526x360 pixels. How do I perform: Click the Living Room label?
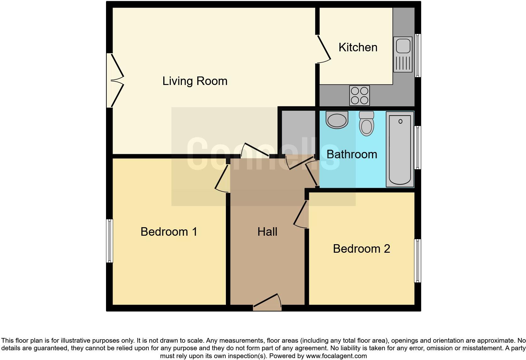[195, 81]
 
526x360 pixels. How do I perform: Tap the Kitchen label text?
[358, 48]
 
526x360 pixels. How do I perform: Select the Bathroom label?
[352, 155]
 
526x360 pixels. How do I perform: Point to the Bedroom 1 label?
[169, 232]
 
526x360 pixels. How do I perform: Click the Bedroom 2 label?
[361, 249]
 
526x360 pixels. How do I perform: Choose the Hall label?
[267, 232]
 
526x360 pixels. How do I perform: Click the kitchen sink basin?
[403, 46]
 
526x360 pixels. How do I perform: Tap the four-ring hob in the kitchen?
[359, 96]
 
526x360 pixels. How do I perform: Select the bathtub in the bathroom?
[400, 149]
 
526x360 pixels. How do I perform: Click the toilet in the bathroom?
[367, 124]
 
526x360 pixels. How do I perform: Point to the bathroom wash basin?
[337, 120]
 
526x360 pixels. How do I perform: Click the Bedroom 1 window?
[109, 241]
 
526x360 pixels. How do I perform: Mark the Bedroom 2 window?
[417, 261]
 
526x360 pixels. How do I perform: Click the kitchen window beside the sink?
[418, 55]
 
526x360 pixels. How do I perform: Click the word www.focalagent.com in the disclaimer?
[336, 356]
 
